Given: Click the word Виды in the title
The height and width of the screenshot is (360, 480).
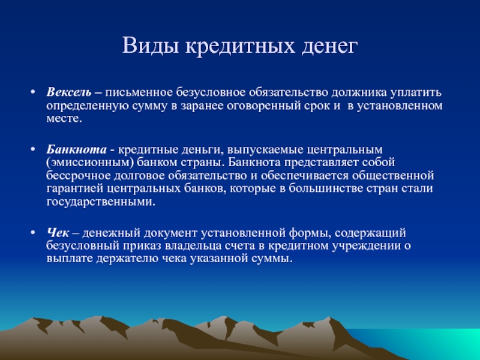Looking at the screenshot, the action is (150, 46).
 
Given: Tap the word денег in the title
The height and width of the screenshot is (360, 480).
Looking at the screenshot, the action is (329, 47).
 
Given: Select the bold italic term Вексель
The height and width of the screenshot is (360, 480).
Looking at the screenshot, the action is (69, 92).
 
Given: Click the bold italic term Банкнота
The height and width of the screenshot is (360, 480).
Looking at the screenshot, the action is (77, 149).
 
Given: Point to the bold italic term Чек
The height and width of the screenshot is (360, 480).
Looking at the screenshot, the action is (58, 233).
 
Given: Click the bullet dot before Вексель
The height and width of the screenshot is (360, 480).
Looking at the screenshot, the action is (33, 92).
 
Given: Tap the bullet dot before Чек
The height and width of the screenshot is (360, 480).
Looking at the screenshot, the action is (33, 233).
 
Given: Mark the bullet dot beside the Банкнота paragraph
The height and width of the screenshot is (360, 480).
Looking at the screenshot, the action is (33, 149).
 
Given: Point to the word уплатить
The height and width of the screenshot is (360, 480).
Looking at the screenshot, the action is (416, 93).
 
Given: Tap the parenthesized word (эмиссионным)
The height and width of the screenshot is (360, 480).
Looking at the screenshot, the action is (90, 163).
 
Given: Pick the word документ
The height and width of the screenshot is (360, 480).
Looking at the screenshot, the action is (171, 233).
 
